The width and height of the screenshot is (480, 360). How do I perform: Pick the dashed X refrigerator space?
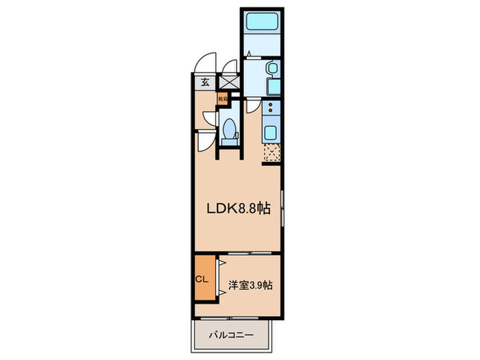click(x=272, y=152)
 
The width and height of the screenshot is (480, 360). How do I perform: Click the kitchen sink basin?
click(x=271, y=132)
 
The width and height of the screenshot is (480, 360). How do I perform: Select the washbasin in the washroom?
click(x=271, y=69)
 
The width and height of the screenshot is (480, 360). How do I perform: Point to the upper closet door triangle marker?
click(x=220, y=263)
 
